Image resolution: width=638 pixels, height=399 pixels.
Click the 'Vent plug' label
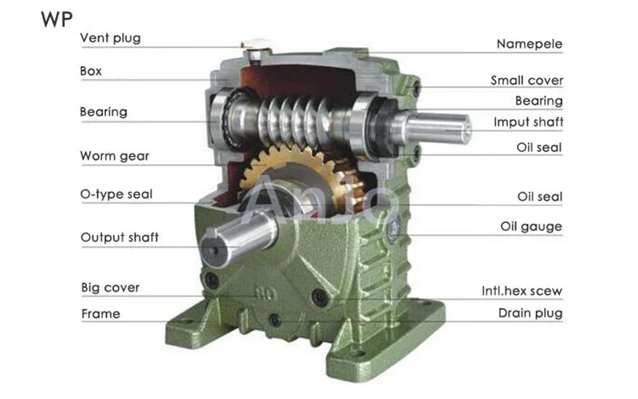click(x=110, y=38)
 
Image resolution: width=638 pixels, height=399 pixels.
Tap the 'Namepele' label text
click(x=530, y=44)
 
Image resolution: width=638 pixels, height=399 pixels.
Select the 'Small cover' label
click(x=526, y=80)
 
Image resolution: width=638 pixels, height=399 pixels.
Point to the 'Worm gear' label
click(x=115, y=156)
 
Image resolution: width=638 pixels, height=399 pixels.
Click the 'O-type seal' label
click(x=116, y=194)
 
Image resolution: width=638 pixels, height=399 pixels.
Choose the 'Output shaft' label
click(x=120, y=237)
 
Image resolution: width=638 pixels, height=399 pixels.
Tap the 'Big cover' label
click(x=110, y=288)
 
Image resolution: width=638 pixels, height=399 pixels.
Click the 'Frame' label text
click(x=100, y=314)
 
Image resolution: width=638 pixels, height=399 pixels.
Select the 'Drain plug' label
click(x=530, y=313)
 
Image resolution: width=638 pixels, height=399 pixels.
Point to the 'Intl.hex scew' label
click(x=522, y=291)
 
